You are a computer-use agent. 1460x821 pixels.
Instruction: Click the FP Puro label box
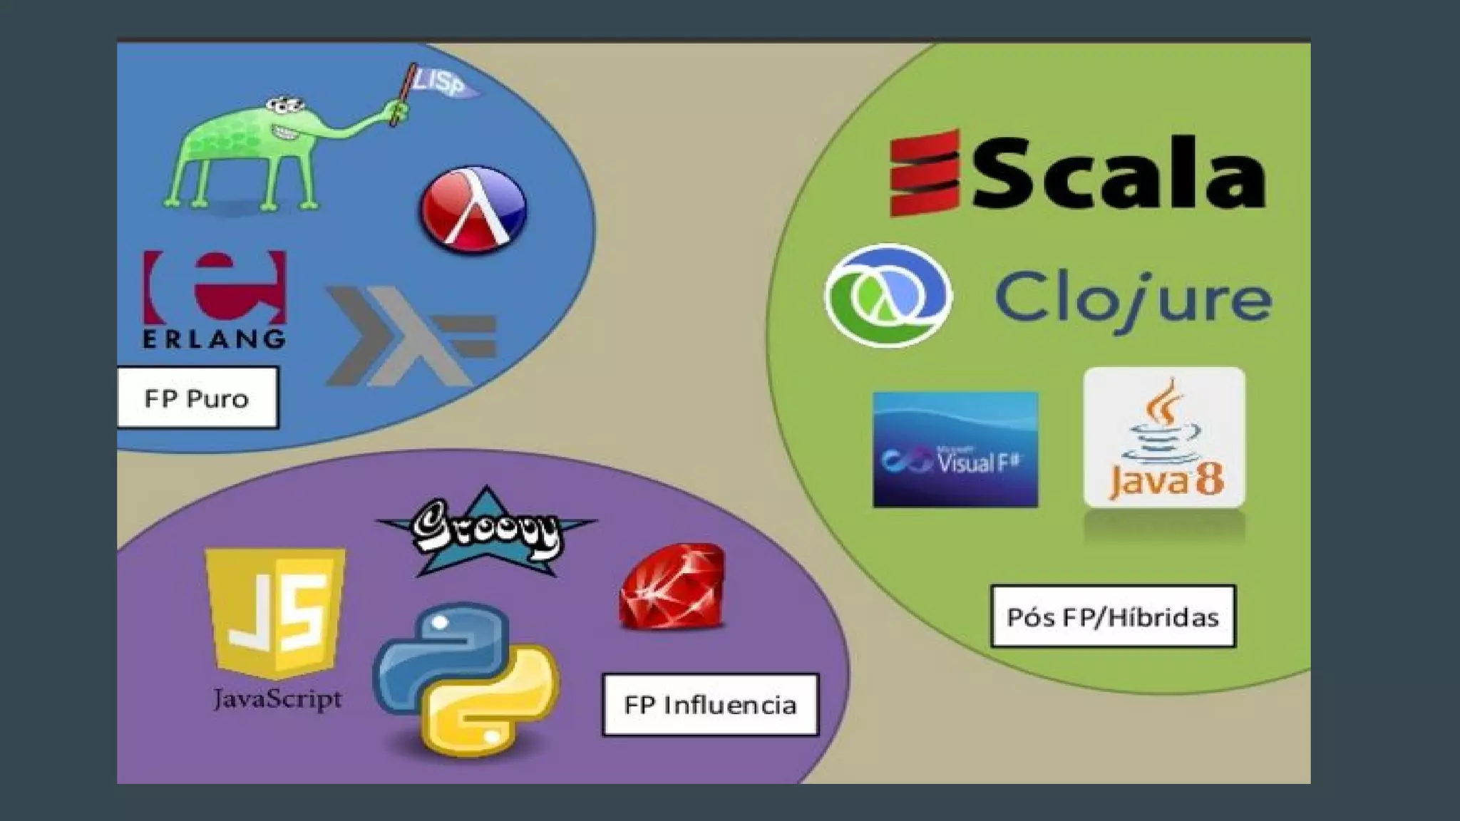point(197,398)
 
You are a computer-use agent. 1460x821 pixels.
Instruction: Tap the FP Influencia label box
point(710,705)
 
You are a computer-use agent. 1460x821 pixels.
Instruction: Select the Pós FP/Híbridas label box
point(1113,616)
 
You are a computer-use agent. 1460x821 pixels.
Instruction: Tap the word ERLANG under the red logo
point(214,339)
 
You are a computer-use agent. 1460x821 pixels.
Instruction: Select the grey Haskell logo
point(409,335)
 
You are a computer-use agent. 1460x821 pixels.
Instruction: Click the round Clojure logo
point(888,296)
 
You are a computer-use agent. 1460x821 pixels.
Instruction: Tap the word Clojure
point(1132,301)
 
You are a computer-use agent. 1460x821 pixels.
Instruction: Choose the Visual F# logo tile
point(955,450)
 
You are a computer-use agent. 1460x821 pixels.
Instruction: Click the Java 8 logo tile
point(1164,438)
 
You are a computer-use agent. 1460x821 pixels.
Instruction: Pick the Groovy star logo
point(487,532)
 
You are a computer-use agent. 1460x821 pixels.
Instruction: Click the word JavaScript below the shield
point(277,699)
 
